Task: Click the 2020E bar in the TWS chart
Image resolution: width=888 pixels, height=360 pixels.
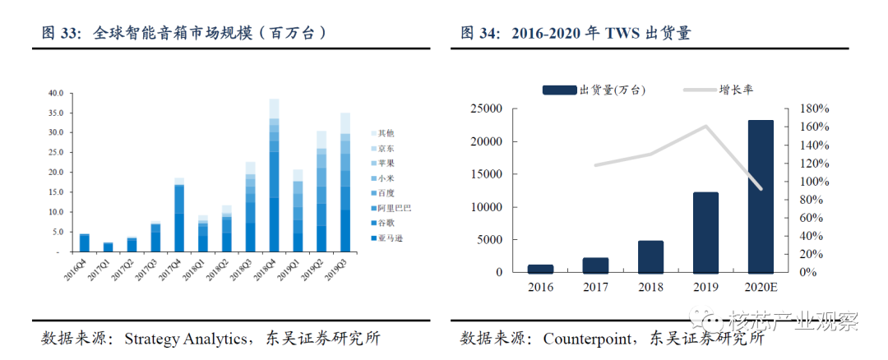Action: pyautogui.click(x=761, y=196)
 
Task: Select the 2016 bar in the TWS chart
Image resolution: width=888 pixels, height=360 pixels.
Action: pyautogui.click(x=540, y=268)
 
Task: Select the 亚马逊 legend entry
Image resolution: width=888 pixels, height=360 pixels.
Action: pyautogui.click(x=386, y=238)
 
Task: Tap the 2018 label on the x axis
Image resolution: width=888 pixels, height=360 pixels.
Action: pyautogui.click(x=650, y=288)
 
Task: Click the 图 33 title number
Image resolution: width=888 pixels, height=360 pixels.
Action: pyautogui.click(x=61, y=34)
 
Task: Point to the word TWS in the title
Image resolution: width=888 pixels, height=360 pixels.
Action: pyautogui.click(x=627, y=34)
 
